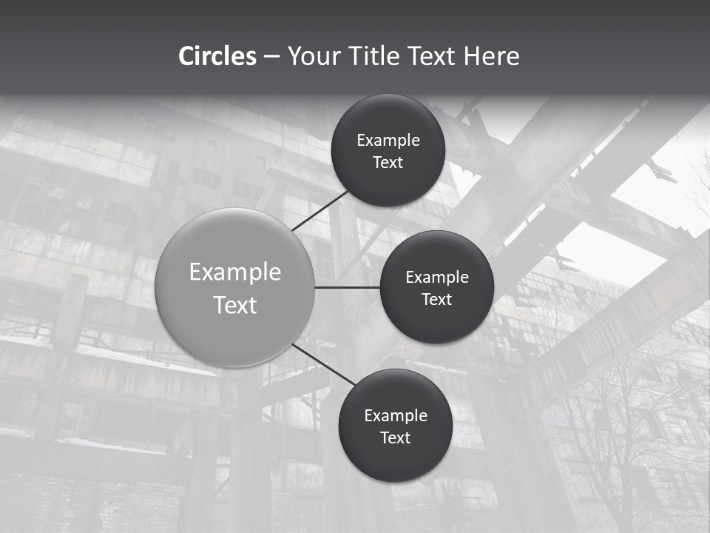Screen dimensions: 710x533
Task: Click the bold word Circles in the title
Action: pyautogui.click(x=217, y=56)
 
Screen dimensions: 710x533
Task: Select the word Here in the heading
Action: pyautogui.click(x=492, y=56)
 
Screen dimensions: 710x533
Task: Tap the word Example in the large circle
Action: pyautogui.click(x=235, y=272)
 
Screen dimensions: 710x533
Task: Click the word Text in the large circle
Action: pyautogui.click(x=235, y=305)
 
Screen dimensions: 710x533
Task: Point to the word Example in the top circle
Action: pyautogui.click(x=388, y=141)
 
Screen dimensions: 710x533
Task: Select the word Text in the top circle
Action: pyautogui.click(x=388, y=163)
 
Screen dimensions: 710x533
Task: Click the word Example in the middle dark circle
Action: pyautogui.click(x=437, y=278)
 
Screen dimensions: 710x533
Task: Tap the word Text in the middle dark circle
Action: pyautogui.click(x=437, y=300)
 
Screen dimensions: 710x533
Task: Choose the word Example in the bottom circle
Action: pyautogui.click(x=396, y=416)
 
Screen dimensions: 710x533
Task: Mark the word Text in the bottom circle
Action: pyautogui.click(x=396, y=438)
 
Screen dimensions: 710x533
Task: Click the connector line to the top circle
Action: pyautogui.click(x=321, y=211)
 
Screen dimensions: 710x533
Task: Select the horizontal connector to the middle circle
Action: pyautogui.click(x=348, y=287)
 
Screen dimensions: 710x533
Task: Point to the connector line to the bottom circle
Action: pyautogui.click(x=324, y=364)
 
